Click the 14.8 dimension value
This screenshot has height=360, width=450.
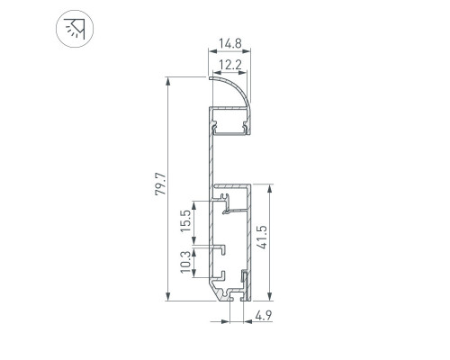pyautogui.click(x=229, y=44)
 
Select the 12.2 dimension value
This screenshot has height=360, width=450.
pyautogui.click(x=229, y=65)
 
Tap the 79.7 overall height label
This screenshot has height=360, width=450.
pyautogui.click(x=160, y=184)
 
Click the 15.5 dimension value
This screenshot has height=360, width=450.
pyautogui.click(x=185, y=220)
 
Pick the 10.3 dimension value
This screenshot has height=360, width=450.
pyautogui.click(x=185, y=262)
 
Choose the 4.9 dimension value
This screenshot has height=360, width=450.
pyautogui.click(x=264, y=315)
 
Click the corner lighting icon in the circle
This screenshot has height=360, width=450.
pyautogui.click(x=75, y=29)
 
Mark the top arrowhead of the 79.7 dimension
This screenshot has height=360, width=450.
pyautogui.click(x=168, y=82)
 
